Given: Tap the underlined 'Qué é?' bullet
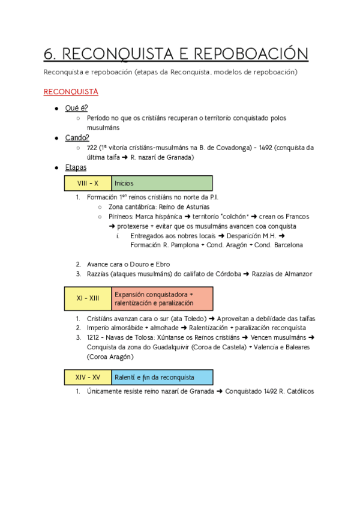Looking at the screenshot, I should (x=76, y=107).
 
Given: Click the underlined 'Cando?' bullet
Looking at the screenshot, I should (x=77, y=137).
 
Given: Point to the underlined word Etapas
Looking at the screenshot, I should (x=76, y=167).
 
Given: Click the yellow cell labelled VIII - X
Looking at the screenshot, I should (x=88, y=183).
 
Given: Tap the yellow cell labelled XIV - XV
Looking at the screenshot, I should (x=88, y=377).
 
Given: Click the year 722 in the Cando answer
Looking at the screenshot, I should (x=93, y=148).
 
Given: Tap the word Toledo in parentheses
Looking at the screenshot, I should (x=191, y=319).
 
